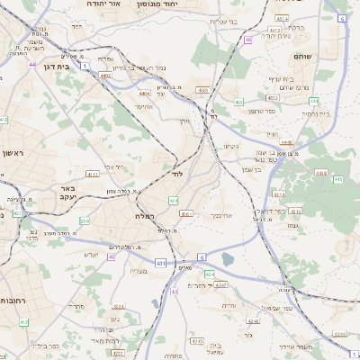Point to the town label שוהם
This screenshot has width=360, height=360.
pyautogui.click(x=302, y=56)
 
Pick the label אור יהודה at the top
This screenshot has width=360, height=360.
pyautogui.click(x=127, y=4)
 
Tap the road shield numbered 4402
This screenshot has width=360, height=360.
pyautogui.click(x=106, y=76)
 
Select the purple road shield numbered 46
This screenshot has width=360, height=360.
pyautogui.click(x=247, y=40)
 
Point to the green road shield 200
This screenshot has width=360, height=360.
pyautogui.click(x=85, y=220)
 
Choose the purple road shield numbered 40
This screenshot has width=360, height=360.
pyautogui.click(x=112, y=256)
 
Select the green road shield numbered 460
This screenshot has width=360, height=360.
pyautogui.click(x=238, y=103)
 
